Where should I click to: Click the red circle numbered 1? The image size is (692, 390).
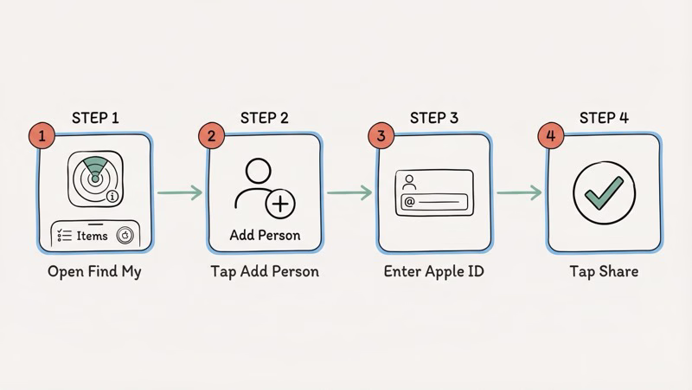[40, 136]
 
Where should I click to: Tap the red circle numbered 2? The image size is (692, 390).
[210, 136]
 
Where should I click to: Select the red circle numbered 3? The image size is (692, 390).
[380, 136]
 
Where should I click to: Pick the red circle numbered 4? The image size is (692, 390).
[549, 136]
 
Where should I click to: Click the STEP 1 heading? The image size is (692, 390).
[94, 118]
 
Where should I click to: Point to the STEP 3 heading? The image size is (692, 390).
[433, 118]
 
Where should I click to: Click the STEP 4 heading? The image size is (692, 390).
[604, 118]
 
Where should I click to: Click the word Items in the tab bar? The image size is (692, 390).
[93, 234]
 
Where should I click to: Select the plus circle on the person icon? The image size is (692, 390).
[280, 204]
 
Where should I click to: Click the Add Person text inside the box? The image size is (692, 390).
[265, 235]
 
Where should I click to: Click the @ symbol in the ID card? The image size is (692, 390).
[409, 202]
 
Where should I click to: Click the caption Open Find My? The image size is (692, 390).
[94, 271]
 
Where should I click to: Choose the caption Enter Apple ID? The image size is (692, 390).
[433, 271]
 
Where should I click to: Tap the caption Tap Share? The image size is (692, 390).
[604, 271]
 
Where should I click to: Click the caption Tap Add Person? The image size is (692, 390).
[265, 271]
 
